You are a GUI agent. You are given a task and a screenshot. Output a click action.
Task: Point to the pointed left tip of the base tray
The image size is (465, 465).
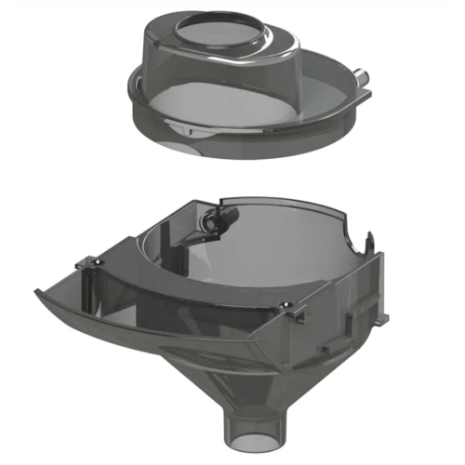pyautogui.click(x=39, y=294)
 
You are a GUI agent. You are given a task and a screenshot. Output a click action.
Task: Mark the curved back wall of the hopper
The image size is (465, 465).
pyautogui.click(x=279, y=232)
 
